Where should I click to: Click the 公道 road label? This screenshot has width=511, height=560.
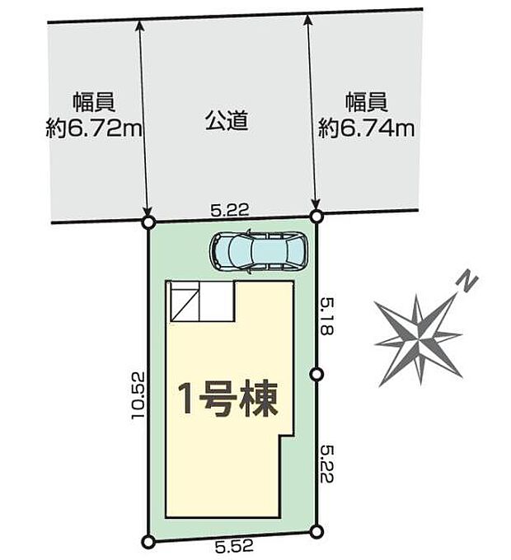(x=226, y=123)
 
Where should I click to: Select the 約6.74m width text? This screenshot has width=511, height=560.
(x=367, y=128)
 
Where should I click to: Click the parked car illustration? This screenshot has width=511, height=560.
(x=259, y=250)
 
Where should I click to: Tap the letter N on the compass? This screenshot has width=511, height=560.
(x=467, y=282)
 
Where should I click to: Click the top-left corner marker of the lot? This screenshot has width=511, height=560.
(x=148, y=222)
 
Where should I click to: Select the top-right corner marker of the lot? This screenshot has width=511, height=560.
(x=316, y=217)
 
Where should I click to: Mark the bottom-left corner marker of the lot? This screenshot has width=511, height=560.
(x=148, y=541)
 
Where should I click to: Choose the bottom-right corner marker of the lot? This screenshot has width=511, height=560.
(x=316, y=531)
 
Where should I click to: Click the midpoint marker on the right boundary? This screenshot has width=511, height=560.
(x=316, y=375)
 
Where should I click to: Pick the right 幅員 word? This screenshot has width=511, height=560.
(x=367, y=103)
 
